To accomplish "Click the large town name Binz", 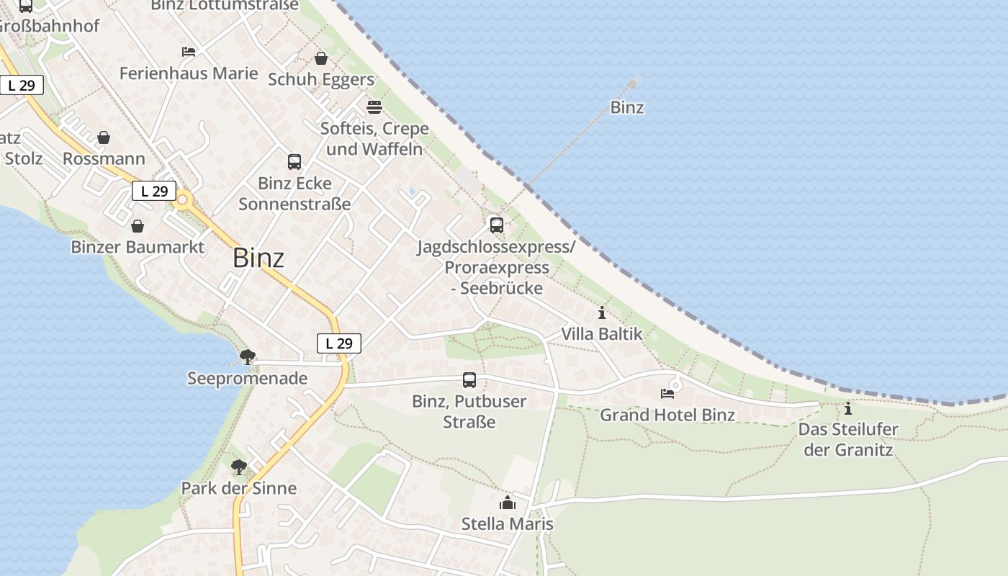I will coord(258,258).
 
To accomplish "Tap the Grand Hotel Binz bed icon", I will coord(667,394).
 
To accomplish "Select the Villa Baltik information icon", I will coord(602,313).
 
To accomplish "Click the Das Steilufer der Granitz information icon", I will coord(848,409).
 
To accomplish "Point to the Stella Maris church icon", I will coord(508,503).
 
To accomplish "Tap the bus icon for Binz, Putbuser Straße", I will coord(469,380).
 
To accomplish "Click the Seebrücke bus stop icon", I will coord(497,225).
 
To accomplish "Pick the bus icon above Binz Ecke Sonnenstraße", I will coord(294,162).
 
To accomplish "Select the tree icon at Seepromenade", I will coord(248,356).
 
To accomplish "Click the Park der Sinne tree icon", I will coord(239,467).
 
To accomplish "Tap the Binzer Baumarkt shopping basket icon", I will coord(138,226).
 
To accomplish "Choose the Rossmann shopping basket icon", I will coord(104,138).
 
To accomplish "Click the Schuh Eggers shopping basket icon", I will coord(321,58).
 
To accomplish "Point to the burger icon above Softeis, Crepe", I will coord(374,107).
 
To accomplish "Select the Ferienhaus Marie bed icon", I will coord(189,52).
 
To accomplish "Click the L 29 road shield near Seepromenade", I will coord(339,343).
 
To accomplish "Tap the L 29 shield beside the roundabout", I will coord(154,191).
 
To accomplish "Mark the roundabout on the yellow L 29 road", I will coord(183,201).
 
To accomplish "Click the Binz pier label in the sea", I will coord(627,108).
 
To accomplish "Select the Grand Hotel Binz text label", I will coord(667,415).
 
